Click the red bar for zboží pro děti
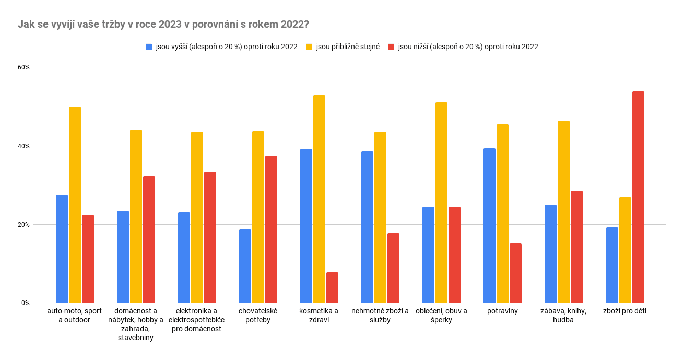(x=638, y=197)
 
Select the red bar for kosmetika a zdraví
(x=332, y=287)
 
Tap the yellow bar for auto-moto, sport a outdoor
(x=75, y=205)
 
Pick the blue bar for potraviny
(x=489, y=226)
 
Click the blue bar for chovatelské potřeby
(x=245, y=266)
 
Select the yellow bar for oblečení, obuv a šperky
(x=441, y=203)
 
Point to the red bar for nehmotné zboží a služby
(x=393, y=268)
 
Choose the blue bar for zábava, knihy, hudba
(x=550, y=254)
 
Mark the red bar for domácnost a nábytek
(x=149, y=239)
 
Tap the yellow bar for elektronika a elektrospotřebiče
(x=197, y=217)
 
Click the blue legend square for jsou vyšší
(x=149, y=47)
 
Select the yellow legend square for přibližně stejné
(x=309, y=47)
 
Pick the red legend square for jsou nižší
(x=391, y=47)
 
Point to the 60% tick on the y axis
(x=24, y=67)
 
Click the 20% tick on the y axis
(x=24, y=225)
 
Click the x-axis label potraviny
(x=503, y=311)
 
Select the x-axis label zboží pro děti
(x=625, y=311)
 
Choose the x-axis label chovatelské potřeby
(x=258, y=316)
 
